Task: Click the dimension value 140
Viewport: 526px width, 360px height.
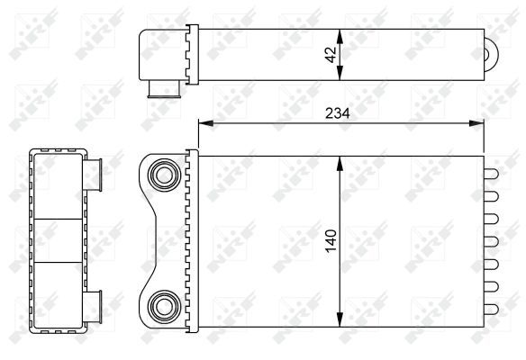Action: (x=330, y=241)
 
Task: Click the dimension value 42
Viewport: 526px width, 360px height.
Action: (x=331, y=53)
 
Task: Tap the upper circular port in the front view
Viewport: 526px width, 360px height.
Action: (x=164, y=174)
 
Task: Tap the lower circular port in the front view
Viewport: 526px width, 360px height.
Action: (x=164, y=308)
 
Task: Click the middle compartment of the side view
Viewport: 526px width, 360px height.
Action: (x=57, y=240)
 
